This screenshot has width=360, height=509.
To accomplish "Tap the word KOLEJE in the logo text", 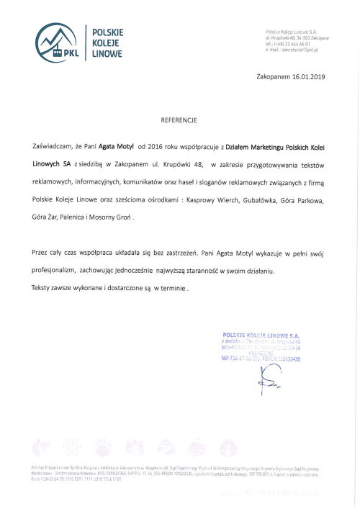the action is tap(107, 42).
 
